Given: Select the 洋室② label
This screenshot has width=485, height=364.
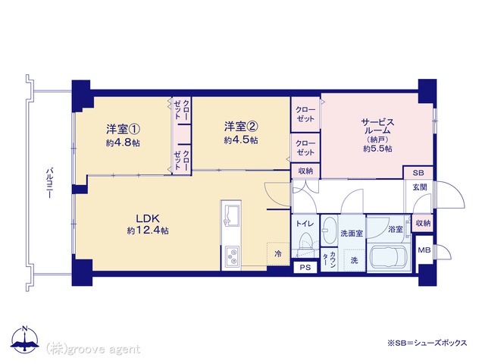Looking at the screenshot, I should [240, 127].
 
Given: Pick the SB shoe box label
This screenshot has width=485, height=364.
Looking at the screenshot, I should [418, 173].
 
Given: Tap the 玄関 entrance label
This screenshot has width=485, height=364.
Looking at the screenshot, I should [419, 187].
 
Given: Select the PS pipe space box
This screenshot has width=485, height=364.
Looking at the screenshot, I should [306, 268].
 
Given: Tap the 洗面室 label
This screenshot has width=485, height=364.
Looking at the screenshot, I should [351, 234].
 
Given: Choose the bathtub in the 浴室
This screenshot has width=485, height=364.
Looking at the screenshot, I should [390, 257].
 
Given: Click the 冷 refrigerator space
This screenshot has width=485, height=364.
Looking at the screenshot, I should [278, 253].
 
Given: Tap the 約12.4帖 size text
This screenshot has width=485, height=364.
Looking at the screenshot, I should [148, 230].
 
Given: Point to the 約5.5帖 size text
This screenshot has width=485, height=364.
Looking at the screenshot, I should [377, 149].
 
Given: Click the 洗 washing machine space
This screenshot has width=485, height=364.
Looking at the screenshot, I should [353, 261].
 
